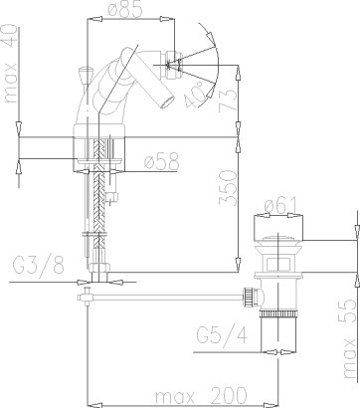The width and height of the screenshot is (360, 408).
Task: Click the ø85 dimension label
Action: click(125, 9)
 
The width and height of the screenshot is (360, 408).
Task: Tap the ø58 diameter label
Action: click(161, 161)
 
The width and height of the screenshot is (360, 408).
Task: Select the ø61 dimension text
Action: click(280, 205)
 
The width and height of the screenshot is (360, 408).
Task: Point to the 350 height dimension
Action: click(229, 188)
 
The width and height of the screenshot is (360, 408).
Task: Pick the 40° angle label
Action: click(195, 95)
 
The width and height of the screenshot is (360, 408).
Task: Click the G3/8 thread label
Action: click(39, 265)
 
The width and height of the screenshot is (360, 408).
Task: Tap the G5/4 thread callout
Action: click(222, 335)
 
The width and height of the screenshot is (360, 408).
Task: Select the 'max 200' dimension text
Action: click(201, 395)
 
